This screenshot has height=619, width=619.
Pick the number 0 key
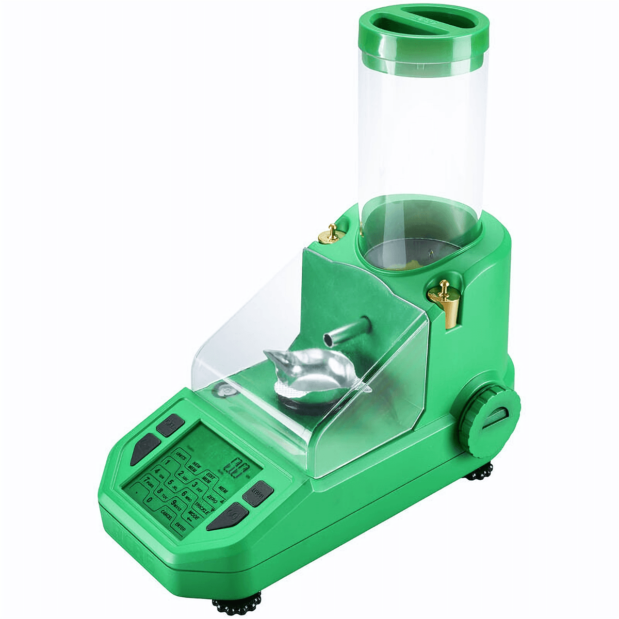click(x=150, y=500)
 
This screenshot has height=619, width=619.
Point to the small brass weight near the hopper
click(x=331, y=234)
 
